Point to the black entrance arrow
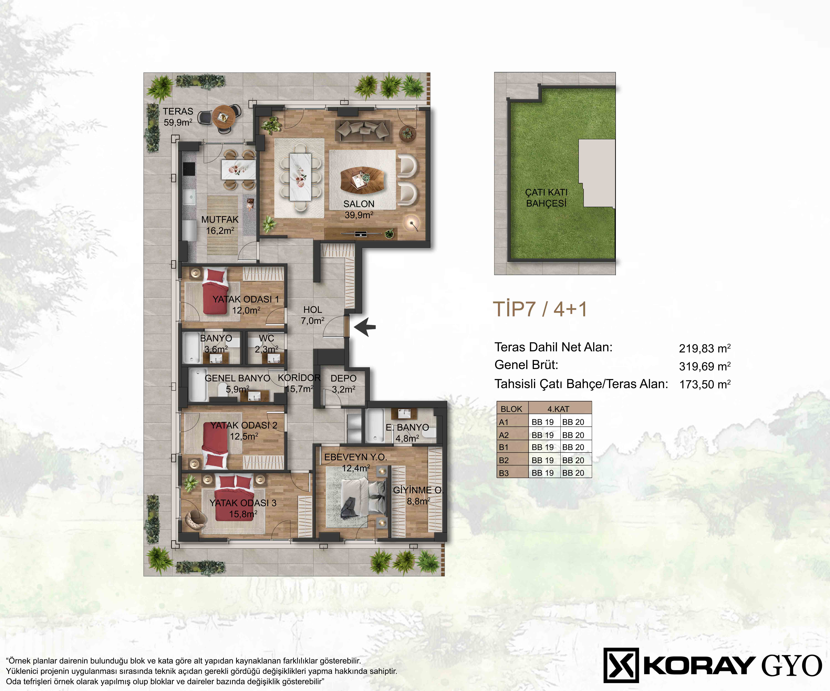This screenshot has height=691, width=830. click(364, 327)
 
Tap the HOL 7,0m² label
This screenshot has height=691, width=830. click(313, 315)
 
